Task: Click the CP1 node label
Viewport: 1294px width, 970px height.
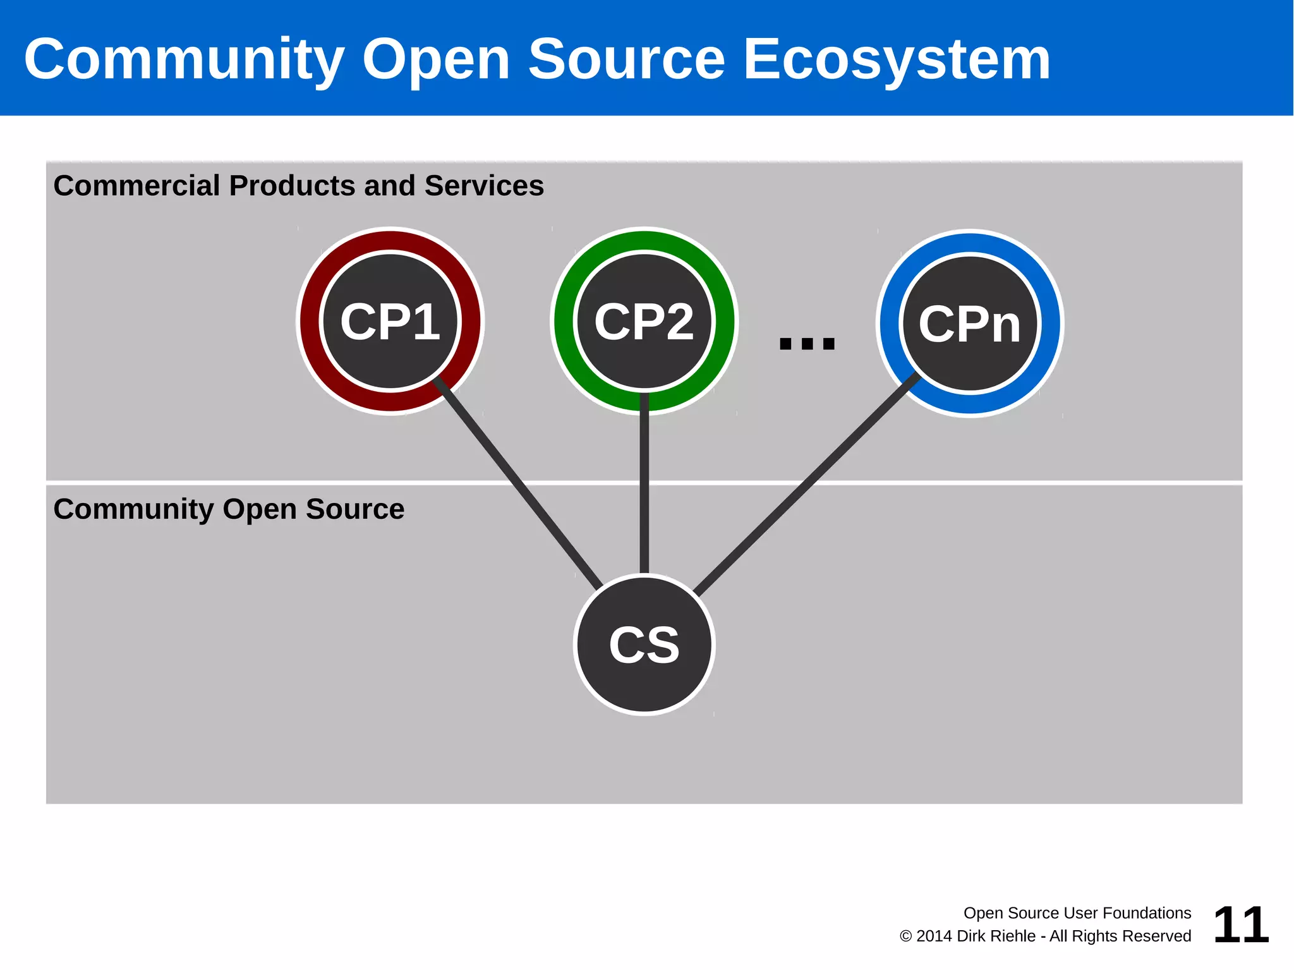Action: point(390,322)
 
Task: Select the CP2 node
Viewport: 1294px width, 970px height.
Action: point(644,322)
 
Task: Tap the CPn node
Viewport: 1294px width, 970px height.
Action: point(969,324)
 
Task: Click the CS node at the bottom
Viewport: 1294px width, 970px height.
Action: point(644,645)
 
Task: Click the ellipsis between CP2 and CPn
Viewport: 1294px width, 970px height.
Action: point(807,343)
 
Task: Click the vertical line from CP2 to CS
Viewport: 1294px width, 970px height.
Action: point(644,487)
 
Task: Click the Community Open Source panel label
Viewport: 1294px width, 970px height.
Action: point(229,509)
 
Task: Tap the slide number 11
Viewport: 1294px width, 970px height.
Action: point(1240,925)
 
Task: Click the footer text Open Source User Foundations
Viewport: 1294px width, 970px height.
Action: point(1077,913)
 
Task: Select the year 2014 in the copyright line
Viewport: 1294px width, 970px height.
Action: point(933,936)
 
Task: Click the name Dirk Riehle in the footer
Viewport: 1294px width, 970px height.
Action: point(996,936)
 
